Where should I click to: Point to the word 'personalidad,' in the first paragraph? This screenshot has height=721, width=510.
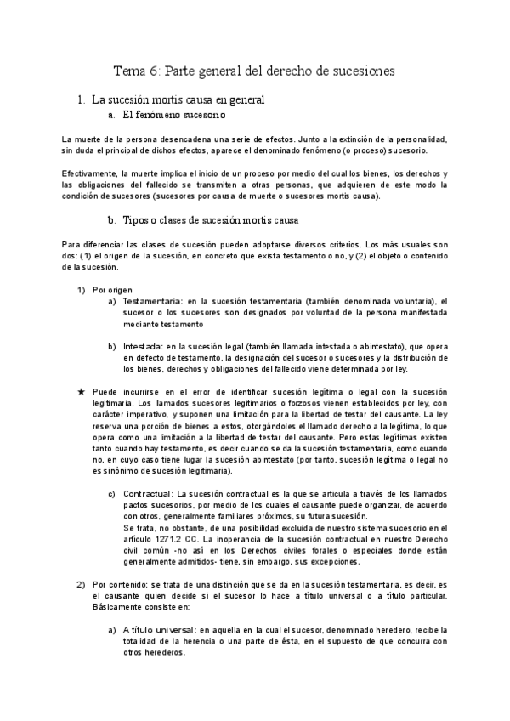click(x=420, y=139)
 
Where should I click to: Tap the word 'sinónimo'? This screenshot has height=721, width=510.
click(x=116, y=469)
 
